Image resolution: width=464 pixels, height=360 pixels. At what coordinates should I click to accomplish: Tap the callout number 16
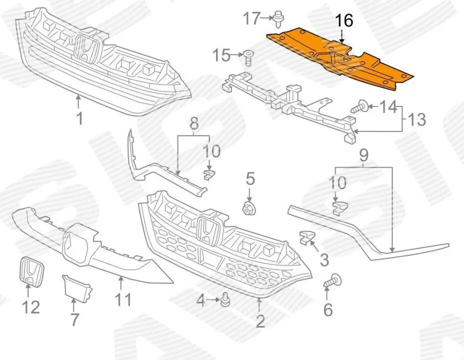click(x=343, y=20)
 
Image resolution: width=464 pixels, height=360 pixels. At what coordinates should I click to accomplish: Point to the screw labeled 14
click(x=359, y=106)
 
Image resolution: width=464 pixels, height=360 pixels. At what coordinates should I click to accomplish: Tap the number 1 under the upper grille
click(x=78, y=119)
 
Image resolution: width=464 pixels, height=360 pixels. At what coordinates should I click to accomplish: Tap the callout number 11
click(x=123, y=299)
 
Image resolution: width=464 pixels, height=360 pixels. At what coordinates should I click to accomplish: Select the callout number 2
click(x=260, y=320)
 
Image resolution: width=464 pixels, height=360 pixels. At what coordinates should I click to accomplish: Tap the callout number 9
click(x=363, y=155)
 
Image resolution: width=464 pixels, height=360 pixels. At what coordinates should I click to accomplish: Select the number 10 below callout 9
click(x=338, y=182)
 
